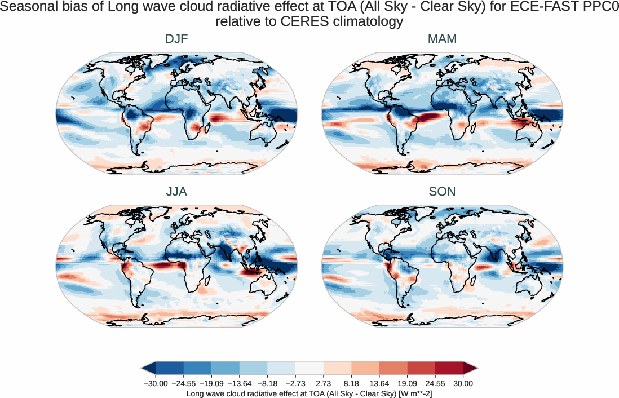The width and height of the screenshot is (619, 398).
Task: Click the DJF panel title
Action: [x=176, y=39]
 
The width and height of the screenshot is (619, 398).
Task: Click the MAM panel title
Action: [x=442, y=39]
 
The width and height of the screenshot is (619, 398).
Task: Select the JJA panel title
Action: [x=176, y=192]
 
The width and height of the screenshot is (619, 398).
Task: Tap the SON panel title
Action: [x=442, y=192]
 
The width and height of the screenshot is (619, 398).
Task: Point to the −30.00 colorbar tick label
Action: [x=155, y=383]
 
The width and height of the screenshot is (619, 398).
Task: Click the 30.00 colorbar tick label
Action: [x=463, y=383]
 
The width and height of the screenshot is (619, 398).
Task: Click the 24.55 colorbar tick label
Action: [x=435, y=383]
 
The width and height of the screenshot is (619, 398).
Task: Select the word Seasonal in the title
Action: [x=25, y=8]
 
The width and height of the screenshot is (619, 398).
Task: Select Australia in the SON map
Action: [x=533, y=286]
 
